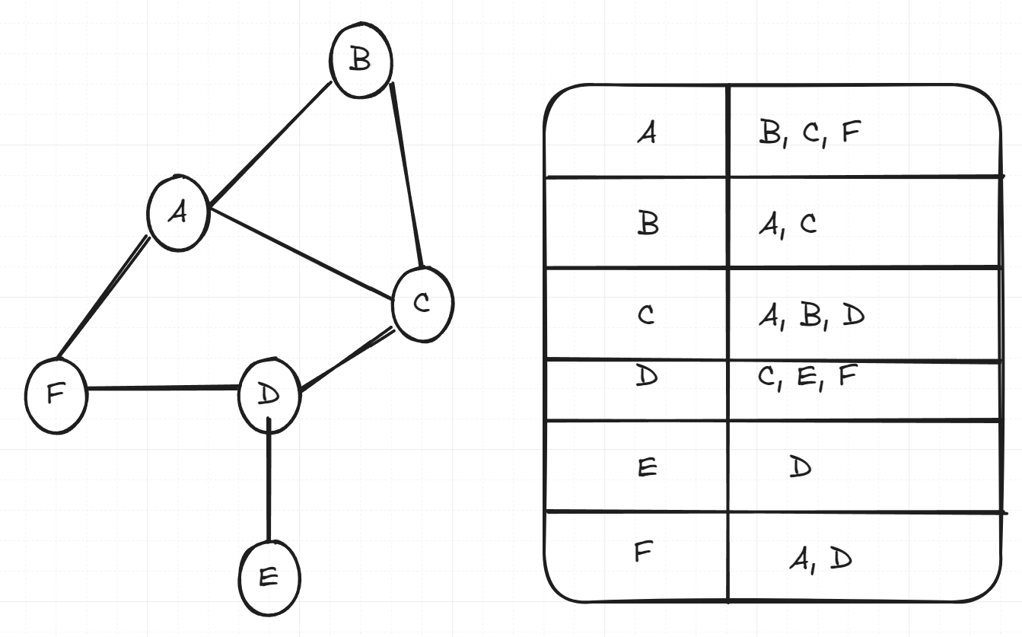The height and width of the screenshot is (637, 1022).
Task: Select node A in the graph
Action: tap(178, 214)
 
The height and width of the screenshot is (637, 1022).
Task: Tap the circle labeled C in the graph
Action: tap(422, 304)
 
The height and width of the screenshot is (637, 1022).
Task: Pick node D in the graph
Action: tap(269, 394)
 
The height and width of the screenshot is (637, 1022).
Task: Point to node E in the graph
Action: tap(269, 578)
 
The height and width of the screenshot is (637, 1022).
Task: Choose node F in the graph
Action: tap(56, 395)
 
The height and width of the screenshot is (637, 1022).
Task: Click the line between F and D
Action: tap(162, 389)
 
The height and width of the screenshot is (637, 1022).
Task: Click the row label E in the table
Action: tap(646, 467)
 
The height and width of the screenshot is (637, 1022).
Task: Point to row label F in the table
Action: tap(644, 552)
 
